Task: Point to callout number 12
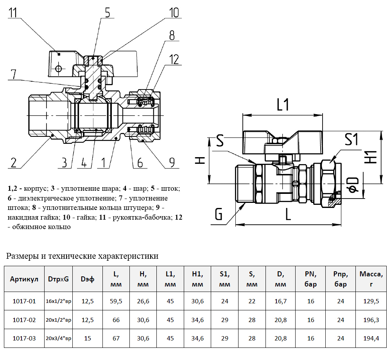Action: click(174, 59)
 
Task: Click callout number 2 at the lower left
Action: click(14, 162)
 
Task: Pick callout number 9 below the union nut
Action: click(171, 162)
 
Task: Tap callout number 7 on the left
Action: click(13, 74)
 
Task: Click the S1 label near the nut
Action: click(351, 139)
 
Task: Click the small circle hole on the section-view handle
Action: click(58, 69)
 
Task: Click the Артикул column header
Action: click(24, 279)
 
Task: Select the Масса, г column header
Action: click(371, 279)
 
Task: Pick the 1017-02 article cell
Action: click(24, 320)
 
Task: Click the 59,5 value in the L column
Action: click(116, 301)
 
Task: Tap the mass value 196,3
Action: click(371, 320)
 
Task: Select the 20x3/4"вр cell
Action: click(59, 339)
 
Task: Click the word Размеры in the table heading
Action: click(22, 256)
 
